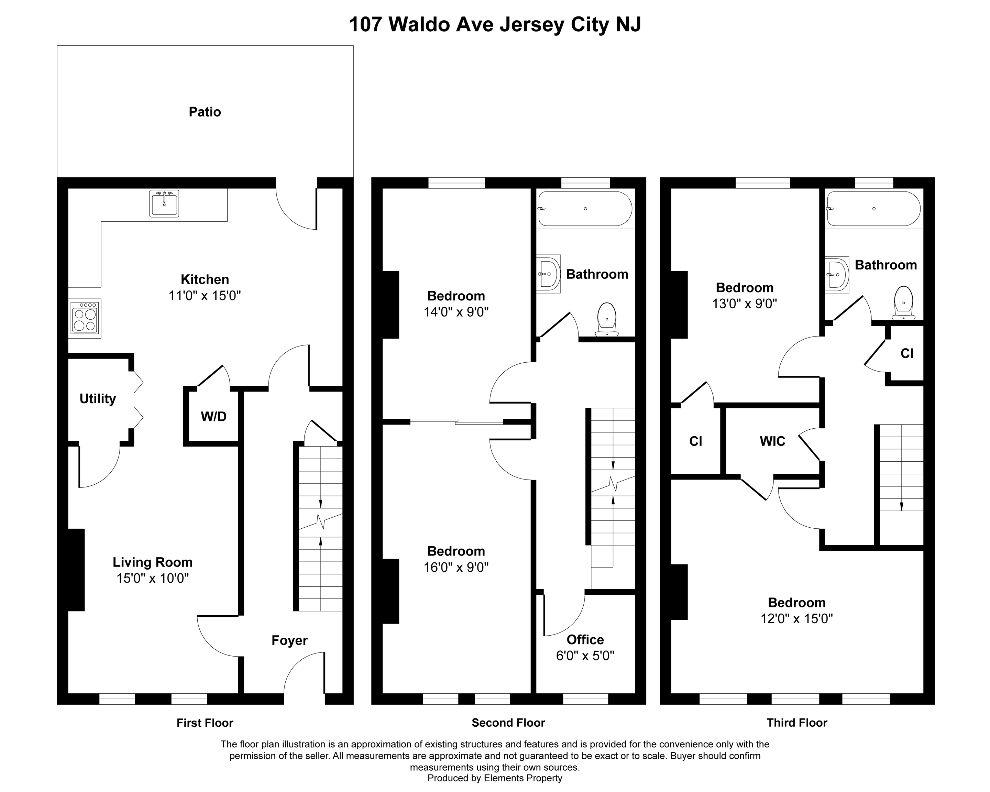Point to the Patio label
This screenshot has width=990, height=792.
pyautogui.click(x=205, y=112)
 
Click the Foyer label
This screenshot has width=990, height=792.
pyautogui.click(x=289, y=640)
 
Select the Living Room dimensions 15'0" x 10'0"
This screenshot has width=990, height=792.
pyautogui.click(x=152, y=578)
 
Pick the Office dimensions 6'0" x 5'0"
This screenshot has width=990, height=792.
pyautogui.click(x=585, y=656)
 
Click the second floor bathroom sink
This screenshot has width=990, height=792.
pyautogui.click(x=549, y=274)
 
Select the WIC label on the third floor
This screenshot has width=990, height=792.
pyautogui.click(x=772, y=441)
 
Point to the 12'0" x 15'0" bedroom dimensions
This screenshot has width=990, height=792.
pyautogui.click(x=797, y=618)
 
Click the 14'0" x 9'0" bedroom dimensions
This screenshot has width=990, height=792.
pyautogui.click(x=456, y=312)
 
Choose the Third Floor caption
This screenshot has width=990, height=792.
pyautogui.click(x=797, y=723)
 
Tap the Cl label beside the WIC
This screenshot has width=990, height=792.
pyautogui.click(x=696, y=441)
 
